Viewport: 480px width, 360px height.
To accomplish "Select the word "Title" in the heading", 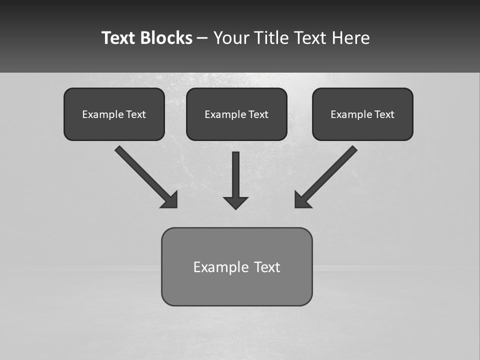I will click(270, 38).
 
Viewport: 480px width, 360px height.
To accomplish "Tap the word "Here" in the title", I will click(352, 38).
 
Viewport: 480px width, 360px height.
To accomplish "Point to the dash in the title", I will click(202, 38).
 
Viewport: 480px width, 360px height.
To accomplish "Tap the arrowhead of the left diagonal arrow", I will click(170, 200).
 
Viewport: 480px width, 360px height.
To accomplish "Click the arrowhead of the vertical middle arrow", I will click(235, 203).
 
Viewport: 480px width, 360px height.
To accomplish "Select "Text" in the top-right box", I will click(384, 114).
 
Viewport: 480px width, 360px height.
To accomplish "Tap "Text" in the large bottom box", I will click(267, 267).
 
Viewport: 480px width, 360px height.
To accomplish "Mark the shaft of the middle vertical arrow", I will click(235, 172).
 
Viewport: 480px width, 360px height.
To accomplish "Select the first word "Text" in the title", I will click(118, 38).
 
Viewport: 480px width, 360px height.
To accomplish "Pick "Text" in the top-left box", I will click(136, 114).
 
